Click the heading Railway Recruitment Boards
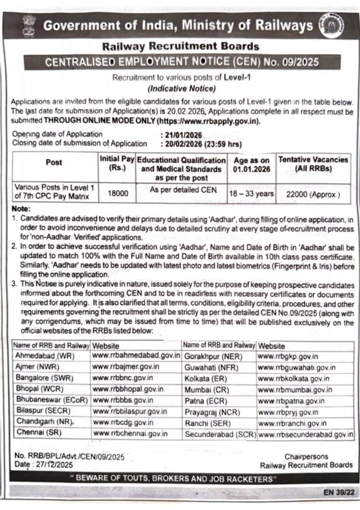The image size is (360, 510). pos(180,47)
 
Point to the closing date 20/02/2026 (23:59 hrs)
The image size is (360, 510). pos(202,144)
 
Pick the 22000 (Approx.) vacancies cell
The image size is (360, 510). pos(313,194)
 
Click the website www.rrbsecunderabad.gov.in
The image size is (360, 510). pos(305,434)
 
